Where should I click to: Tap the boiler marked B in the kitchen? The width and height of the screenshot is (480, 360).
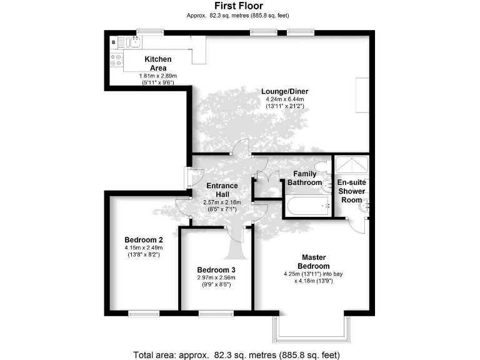[x=113, y=42]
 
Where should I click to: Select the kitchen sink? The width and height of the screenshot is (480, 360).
[x=133, y=42]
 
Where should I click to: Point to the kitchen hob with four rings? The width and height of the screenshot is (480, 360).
[x=117, y=61]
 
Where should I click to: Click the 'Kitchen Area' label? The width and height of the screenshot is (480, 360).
[x=158, y=63]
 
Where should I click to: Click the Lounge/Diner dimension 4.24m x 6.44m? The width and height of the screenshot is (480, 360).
[x=284, y=99]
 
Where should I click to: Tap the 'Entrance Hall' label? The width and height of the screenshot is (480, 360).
[x=222, y=190]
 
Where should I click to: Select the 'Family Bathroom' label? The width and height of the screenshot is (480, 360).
[x=304, y=178]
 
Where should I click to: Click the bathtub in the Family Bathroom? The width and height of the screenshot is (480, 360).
[x=307, y=205]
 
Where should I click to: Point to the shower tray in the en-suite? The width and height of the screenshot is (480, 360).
[x=352, y=165]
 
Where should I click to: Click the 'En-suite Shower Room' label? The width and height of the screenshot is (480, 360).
[x=351, y=191]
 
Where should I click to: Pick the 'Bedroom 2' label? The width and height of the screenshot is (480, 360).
[x=144, y=240]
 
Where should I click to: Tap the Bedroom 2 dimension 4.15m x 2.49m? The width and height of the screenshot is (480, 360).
[x=144, y=248]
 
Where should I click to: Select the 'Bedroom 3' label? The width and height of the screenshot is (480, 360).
[x=216, y=270]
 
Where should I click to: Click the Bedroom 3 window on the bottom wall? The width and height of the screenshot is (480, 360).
[x=216, y=313]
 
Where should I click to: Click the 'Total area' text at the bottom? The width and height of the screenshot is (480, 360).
[x=236, y=354]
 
